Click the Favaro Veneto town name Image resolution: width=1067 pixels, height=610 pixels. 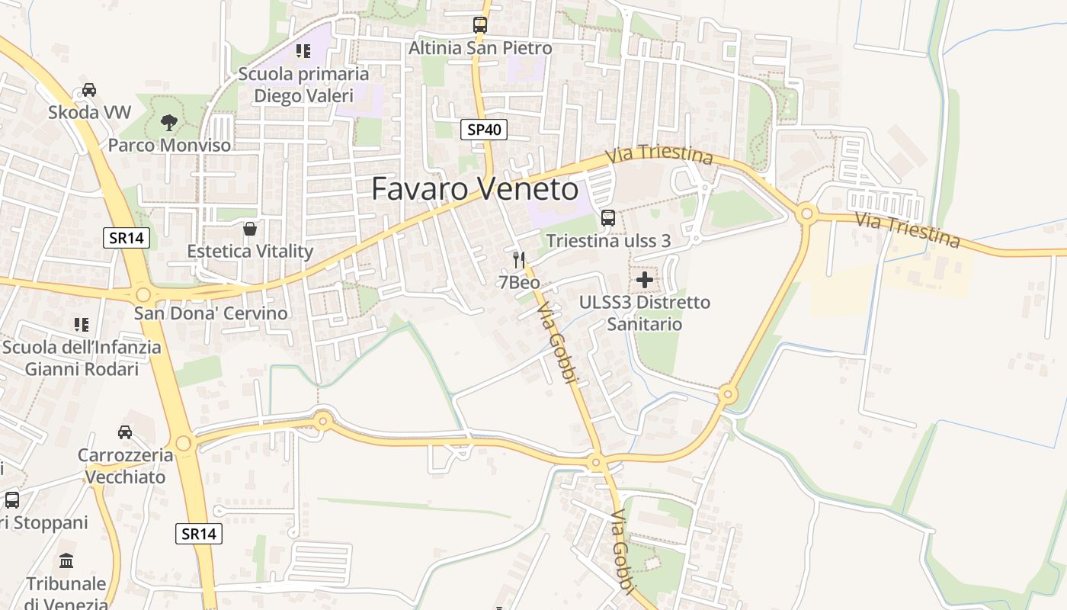[475, 189]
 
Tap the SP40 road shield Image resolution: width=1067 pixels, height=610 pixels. [484, 130]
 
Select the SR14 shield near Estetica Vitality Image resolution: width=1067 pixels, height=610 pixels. [127, 238]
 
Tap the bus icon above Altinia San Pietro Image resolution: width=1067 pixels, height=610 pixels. [479, 24]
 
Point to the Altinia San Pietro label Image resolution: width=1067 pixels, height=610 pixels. [480, 48]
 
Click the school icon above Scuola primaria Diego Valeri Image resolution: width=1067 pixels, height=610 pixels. [303, 51]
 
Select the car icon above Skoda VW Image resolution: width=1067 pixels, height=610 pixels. [89, 89]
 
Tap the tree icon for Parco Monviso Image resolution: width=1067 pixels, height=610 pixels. [169, 122]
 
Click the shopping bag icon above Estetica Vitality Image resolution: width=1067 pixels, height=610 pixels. [250, 228]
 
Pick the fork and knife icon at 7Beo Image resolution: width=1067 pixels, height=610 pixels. [519, 259]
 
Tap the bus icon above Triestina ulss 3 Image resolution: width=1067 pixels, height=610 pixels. [607, 218]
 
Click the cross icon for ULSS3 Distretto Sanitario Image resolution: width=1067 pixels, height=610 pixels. [645, 279]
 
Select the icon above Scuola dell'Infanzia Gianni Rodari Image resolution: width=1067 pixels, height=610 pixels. [82, 324]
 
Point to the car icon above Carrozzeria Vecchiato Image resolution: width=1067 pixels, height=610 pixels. [125, 432]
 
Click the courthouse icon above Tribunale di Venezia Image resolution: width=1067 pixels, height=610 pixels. [66, 561]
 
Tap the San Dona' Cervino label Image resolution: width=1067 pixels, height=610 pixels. [211, 313]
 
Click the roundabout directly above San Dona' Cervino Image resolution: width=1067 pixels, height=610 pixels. [143, 294]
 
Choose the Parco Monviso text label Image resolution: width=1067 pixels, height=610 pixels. [169, 145]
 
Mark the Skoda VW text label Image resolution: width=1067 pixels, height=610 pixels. [89, 112]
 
